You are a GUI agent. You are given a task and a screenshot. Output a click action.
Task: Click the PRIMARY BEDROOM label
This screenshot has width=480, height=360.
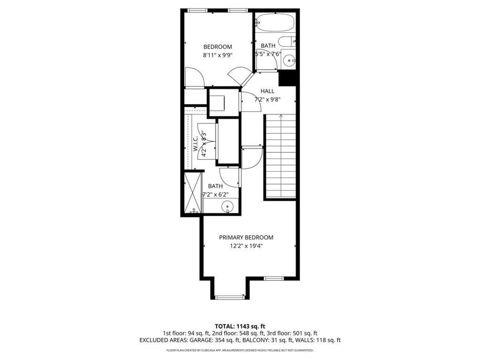tap(246, 238)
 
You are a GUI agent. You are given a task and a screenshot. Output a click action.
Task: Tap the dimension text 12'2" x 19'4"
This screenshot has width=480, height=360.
tap(246, 247)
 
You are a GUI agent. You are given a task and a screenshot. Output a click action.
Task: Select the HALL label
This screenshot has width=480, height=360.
tap(268, 91)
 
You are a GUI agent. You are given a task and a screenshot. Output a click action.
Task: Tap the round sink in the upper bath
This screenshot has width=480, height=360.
tap(290, 60)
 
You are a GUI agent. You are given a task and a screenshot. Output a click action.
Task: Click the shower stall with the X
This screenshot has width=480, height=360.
tap(193, 193)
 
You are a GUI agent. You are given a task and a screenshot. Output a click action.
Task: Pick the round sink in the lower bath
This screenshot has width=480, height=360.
tap(228, 206)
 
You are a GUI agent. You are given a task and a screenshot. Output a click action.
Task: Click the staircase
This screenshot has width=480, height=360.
tap(280, 157)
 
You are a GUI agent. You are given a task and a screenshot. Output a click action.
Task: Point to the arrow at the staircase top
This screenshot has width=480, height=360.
tap(280, 116)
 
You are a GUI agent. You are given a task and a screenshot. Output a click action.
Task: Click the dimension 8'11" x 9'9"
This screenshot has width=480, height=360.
tap(218, 55)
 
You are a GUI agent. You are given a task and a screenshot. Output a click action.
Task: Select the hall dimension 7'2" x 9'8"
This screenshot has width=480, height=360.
tap(267, 99)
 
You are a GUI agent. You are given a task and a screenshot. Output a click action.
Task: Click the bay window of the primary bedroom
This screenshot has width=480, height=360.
tap(230, 297)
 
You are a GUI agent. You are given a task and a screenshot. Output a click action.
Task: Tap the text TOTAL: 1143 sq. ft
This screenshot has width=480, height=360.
tap(240, 326)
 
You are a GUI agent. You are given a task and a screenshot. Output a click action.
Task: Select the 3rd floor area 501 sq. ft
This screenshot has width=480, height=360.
tap(306, 333)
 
